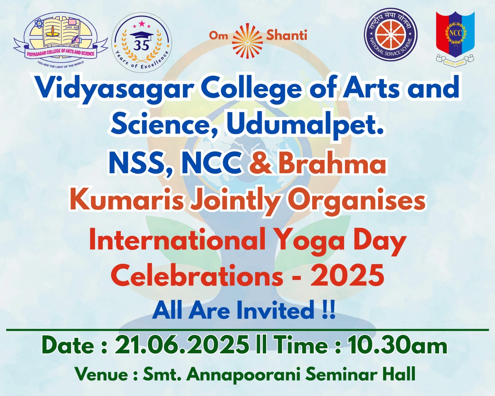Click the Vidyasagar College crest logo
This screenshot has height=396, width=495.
pos(60,39)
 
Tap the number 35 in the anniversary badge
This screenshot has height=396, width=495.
pos(141,45)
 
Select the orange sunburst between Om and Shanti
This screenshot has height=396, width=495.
pos(247,36)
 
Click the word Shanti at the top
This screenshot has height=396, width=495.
pos(286,35)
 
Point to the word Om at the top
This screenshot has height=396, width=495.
pos(218,35)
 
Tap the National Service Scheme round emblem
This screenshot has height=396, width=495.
pos(390,37)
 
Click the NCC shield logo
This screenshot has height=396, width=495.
pos(455,36)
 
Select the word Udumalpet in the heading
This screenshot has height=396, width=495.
pos(305,125)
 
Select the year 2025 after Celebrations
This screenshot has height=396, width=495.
pos(347,275)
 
